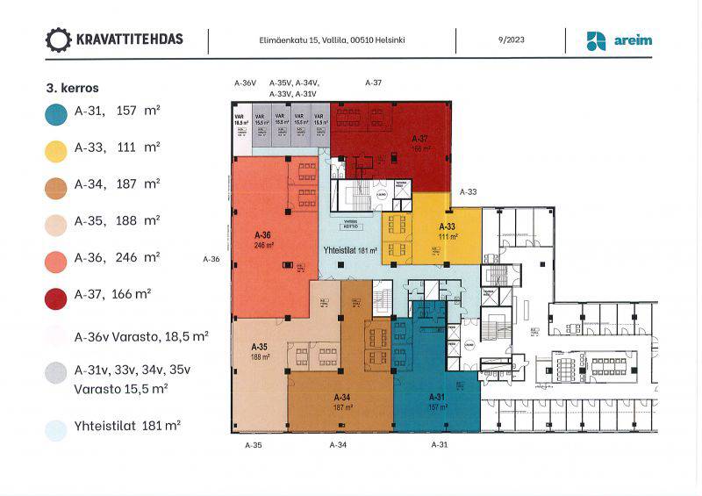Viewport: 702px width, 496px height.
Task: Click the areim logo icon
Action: [x=597, y=40]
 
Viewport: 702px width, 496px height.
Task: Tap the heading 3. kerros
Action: [x=72, y=88]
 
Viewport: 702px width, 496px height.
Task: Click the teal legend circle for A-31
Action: [x=56, y=112]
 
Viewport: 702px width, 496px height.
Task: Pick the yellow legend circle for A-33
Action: [x=56, y=150]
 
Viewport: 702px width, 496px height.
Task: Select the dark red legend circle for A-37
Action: [x=56, y=296]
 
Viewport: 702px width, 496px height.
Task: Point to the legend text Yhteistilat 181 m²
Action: [x=128, y=426]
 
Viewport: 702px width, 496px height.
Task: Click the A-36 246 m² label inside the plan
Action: [x=262, y=240]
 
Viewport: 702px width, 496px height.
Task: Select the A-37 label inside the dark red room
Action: [x=420, y=143]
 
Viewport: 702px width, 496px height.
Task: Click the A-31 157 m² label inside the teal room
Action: [x=438, y=401]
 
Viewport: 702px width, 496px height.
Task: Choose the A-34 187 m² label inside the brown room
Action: [x=341, y=401]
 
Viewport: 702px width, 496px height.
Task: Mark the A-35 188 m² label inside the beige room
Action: [x=258, y=351]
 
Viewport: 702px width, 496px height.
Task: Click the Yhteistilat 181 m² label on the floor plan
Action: [x=348, y=251]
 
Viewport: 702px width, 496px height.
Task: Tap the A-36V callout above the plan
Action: [x=245, y=83]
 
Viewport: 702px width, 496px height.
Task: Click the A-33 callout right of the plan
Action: [x=469, y=191]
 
